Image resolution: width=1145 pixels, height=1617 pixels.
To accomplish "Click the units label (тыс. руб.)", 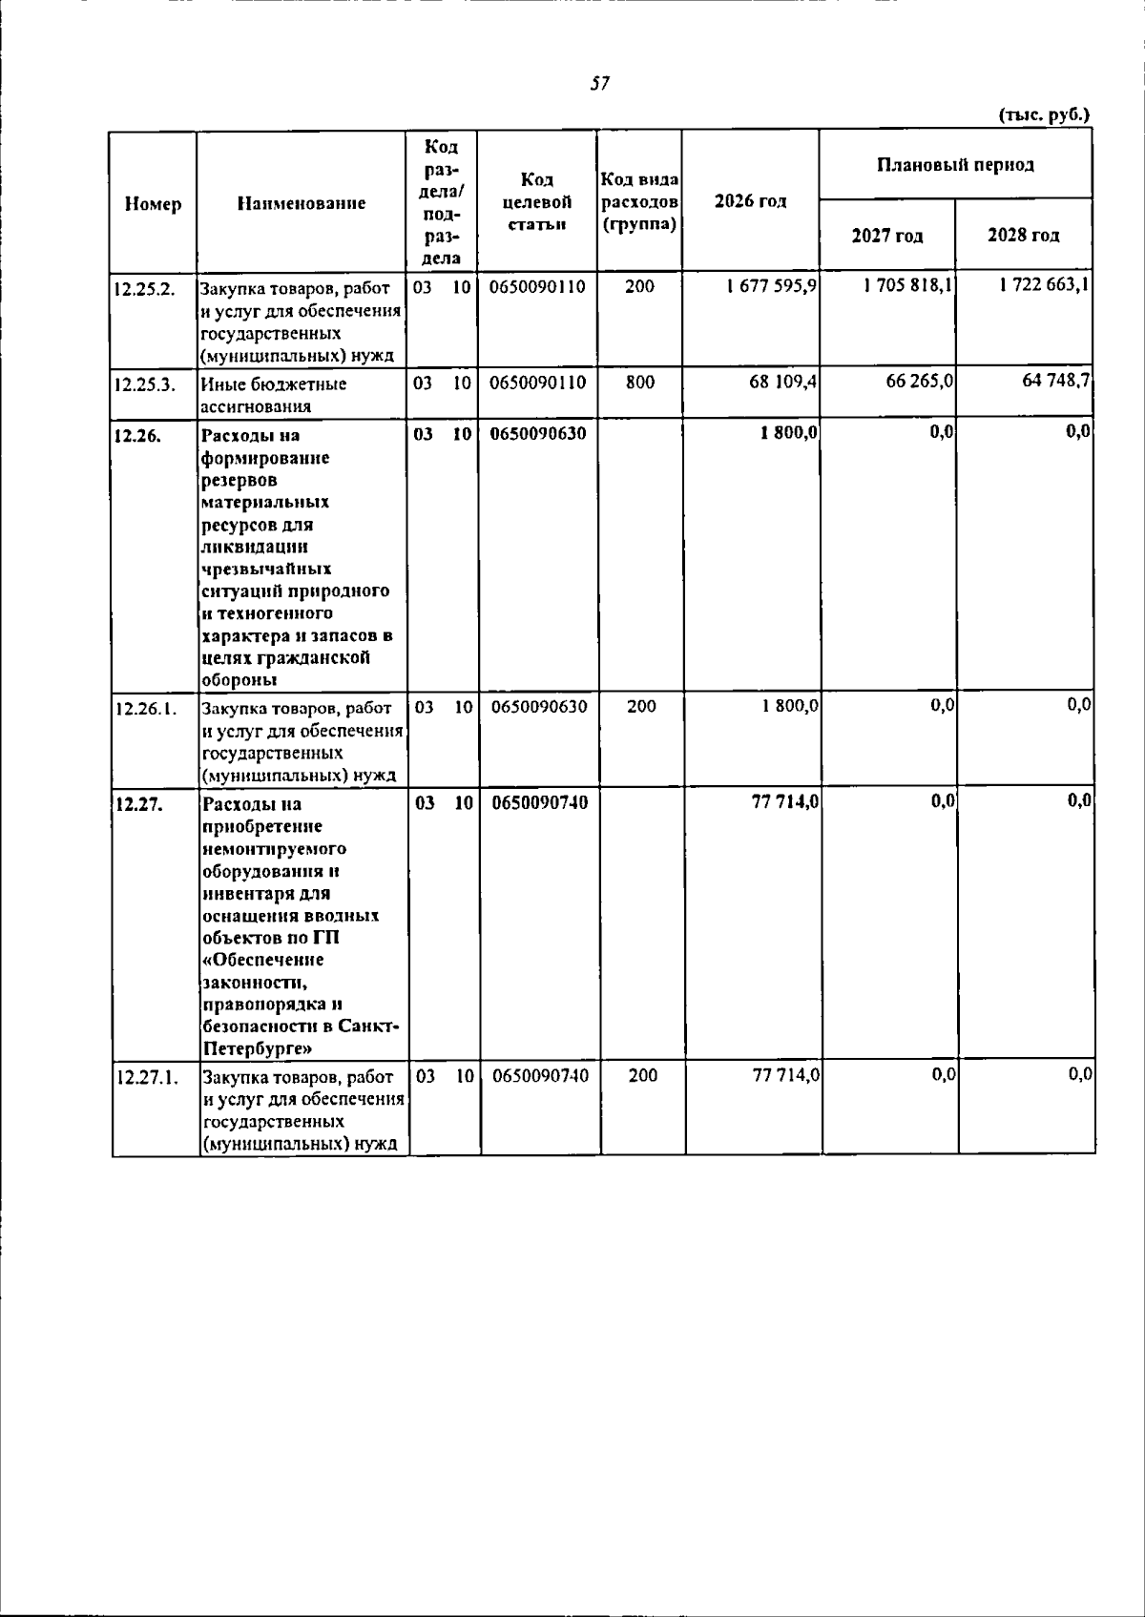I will tap(1043, 115).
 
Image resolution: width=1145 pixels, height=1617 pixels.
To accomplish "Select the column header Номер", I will tap(153, 204).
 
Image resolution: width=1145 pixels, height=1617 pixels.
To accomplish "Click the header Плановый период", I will tap(955, 165).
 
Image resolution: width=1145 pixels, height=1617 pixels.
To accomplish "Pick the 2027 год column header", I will tap(887, 236).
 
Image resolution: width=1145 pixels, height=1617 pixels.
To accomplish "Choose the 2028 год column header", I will tap(1024, 236).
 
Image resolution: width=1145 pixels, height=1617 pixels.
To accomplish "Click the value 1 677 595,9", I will tap(770, 286).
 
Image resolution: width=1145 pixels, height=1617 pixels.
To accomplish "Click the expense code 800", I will tap(640, 383).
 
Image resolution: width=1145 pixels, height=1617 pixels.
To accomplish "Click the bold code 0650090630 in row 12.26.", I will tap(539, 434).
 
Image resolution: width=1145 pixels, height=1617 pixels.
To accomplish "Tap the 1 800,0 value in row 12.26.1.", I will tap(789, 707).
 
